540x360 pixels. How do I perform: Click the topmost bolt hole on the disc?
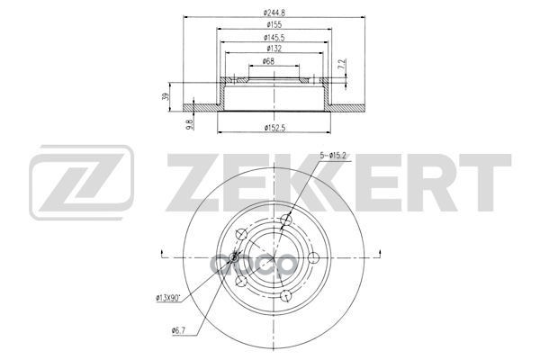pos(286,220)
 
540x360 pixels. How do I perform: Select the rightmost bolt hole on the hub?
pos(312,258)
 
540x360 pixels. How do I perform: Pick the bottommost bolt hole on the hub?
pos(284,295)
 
